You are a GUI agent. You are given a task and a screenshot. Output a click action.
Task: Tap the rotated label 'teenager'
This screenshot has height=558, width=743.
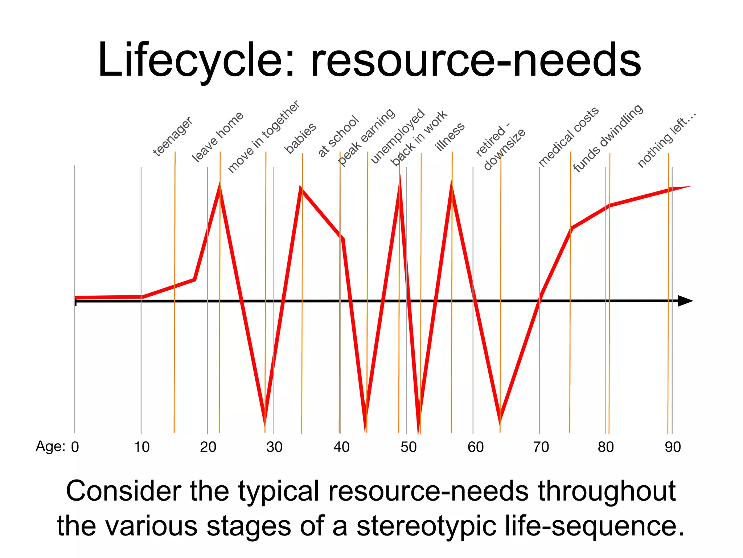[x=172, y=137]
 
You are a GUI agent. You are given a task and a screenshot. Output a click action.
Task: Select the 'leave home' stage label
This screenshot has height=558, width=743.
[x=217, y=137]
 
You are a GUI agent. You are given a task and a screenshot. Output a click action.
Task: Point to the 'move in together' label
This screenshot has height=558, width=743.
[x=264, y=137]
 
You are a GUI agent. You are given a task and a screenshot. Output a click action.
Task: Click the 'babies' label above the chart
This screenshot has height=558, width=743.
[x=300, y=138]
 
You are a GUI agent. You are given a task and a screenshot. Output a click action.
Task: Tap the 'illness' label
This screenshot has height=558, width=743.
[x=450, y=137]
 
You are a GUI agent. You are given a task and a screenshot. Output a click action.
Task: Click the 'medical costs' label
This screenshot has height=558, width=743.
[x=568, y=137]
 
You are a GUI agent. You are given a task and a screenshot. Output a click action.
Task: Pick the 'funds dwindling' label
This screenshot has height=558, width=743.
[x=608, y=138]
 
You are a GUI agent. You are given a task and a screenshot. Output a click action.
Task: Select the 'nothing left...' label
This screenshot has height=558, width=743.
[x=667, y=140]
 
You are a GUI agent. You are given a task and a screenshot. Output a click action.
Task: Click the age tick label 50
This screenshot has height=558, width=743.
[x=409, y=447]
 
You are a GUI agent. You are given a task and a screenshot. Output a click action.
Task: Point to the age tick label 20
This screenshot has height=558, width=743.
[x=208, y=447]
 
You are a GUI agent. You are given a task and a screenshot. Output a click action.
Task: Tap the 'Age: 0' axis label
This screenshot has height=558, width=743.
[x=57, y=446]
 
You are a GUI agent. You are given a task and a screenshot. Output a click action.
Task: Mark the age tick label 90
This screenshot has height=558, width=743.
[x=673, y=447]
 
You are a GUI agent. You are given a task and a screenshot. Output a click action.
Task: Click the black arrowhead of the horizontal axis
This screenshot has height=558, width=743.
[x=685, y=301]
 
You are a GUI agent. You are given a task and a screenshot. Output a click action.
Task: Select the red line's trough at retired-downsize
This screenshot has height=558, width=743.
[x=500, y=421]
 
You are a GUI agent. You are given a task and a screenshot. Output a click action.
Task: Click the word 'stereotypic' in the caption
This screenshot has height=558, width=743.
[x=426, y=526]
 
